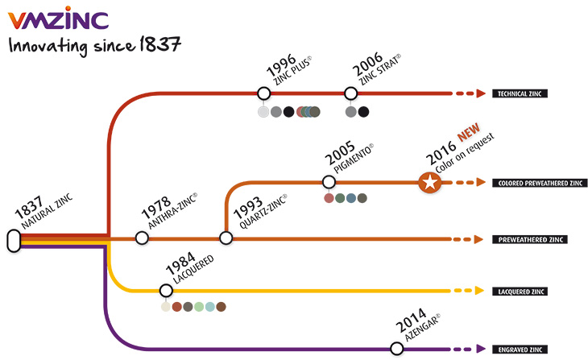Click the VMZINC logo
[x=58, y=18]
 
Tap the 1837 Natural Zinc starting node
[x=14, y=241]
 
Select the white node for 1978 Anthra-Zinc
[x=142, y=238]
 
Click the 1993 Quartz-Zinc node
[x=226, y=238]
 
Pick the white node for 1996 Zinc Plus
[x=263, y=93]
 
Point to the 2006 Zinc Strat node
[x=350, y=93]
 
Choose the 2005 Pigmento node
[x=329, y=182]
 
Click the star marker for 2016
[x=430, y=183]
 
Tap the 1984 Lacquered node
[x=166, y=290]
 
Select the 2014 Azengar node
[x=396, y=349]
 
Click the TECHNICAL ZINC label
[x=520, y=93]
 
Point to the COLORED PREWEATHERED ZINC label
[x=540, y=183]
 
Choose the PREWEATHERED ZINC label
[x=530, y=240]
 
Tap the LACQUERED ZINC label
[x=521, y=292]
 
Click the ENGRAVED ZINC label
[x=520, y=350]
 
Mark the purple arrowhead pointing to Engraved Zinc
[x=481, y=349]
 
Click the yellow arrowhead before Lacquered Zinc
[x=479, y=291]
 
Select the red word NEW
[x=469, y=131]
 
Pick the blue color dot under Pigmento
[x=351, y=198]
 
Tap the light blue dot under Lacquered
[x=210, y=307]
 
